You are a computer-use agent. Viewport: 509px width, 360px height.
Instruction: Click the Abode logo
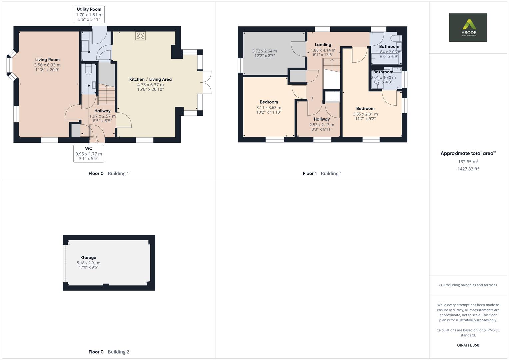pos(468,27)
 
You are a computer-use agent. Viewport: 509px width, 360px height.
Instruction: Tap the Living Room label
pos(47,60)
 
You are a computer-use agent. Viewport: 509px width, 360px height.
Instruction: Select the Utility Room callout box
pos(89,14)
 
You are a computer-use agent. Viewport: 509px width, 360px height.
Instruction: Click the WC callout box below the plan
pos(89,153)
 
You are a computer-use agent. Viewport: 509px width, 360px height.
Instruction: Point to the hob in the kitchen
pos(140,36)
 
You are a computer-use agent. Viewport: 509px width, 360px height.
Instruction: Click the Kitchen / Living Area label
pos(150,79)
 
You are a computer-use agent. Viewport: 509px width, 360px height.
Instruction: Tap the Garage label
pos(88,258)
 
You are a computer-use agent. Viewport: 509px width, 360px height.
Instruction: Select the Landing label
pos(323,45)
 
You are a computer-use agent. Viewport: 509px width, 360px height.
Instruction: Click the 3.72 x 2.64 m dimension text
pos(264,51)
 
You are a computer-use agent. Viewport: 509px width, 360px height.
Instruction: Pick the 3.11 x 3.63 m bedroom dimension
pos(269,108)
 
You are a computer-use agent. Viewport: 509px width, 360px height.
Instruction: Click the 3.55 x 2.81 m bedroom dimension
pos(365,114)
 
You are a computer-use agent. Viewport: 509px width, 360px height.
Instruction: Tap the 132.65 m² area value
pos(468,162)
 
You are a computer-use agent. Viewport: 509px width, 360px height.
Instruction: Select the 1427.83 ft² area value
pos(468,169)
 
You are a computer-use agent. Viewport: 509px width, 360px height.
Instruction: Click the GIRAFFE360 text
pos(468,345)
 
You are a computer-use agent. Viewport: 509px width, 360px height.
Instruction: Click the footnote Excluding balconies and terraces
pos(468,285)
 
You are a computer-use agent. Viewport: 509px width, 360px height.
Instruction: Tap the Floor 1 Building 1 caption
pos(322,173)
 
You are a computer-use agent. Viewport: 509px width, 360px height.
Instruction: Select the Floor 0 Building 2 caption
pos(109,352)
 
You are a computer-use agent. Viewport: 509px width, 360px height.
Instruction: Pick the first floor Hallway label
pos(322,119)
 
